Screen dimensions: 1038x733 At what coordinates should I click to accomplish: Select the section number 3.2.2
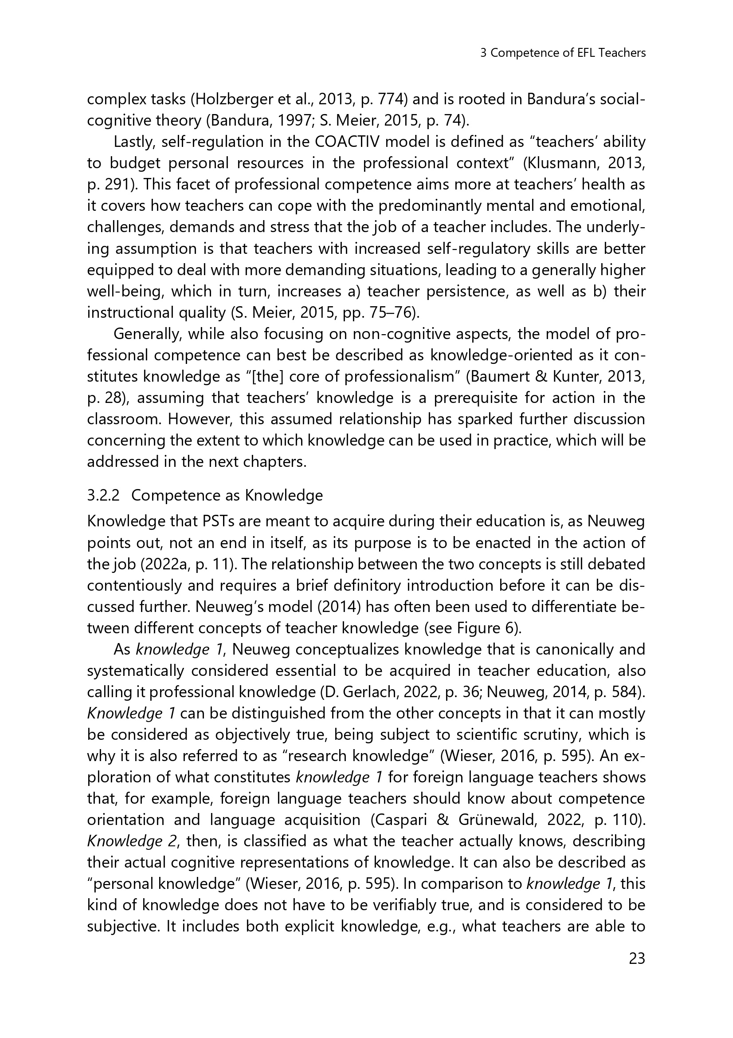point(103,496)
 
